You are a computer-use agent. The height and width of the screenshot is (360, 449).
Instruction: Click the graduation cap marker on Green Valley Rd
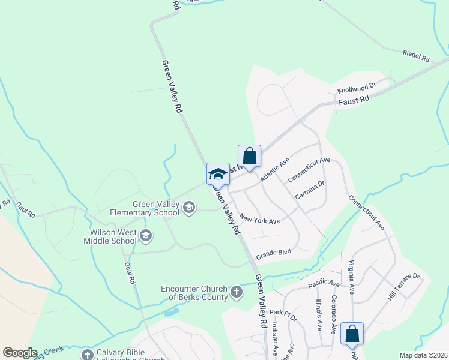[x=218, y=174]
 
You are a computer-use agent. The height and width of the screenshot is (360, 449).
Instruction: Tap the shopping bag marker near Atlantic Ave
[x=250, y=157]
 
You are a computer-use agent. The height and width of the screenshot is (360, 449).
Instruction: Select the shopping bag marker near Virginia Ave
[x=352, y=334]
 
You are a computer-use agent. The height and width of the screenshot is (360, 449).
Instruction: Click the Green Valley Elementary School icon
[x=189, y=208]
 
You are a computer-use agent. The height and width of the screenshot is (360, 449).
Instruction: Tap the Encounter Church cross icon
[x=237, y=293]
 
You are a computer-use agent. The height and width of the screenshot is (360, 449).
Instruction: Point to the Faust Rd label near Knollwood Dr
[x=354, y=101]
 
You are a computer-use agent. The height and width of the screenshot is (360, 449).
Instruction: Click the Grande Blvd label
[x=273, y=254]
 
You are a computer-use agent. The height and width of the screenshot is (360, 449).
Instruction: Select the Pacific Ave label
[x=324, y=283]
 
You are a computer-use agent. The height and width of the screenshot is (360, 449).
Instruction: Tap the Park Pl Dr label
[x=283, y=313]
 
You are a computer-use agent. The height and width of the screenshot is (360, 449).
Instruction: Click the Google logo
[x=19, y=353]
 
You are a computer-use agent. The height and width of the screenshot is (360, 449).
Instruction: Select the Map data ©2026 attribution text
[x=423, y=355]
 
